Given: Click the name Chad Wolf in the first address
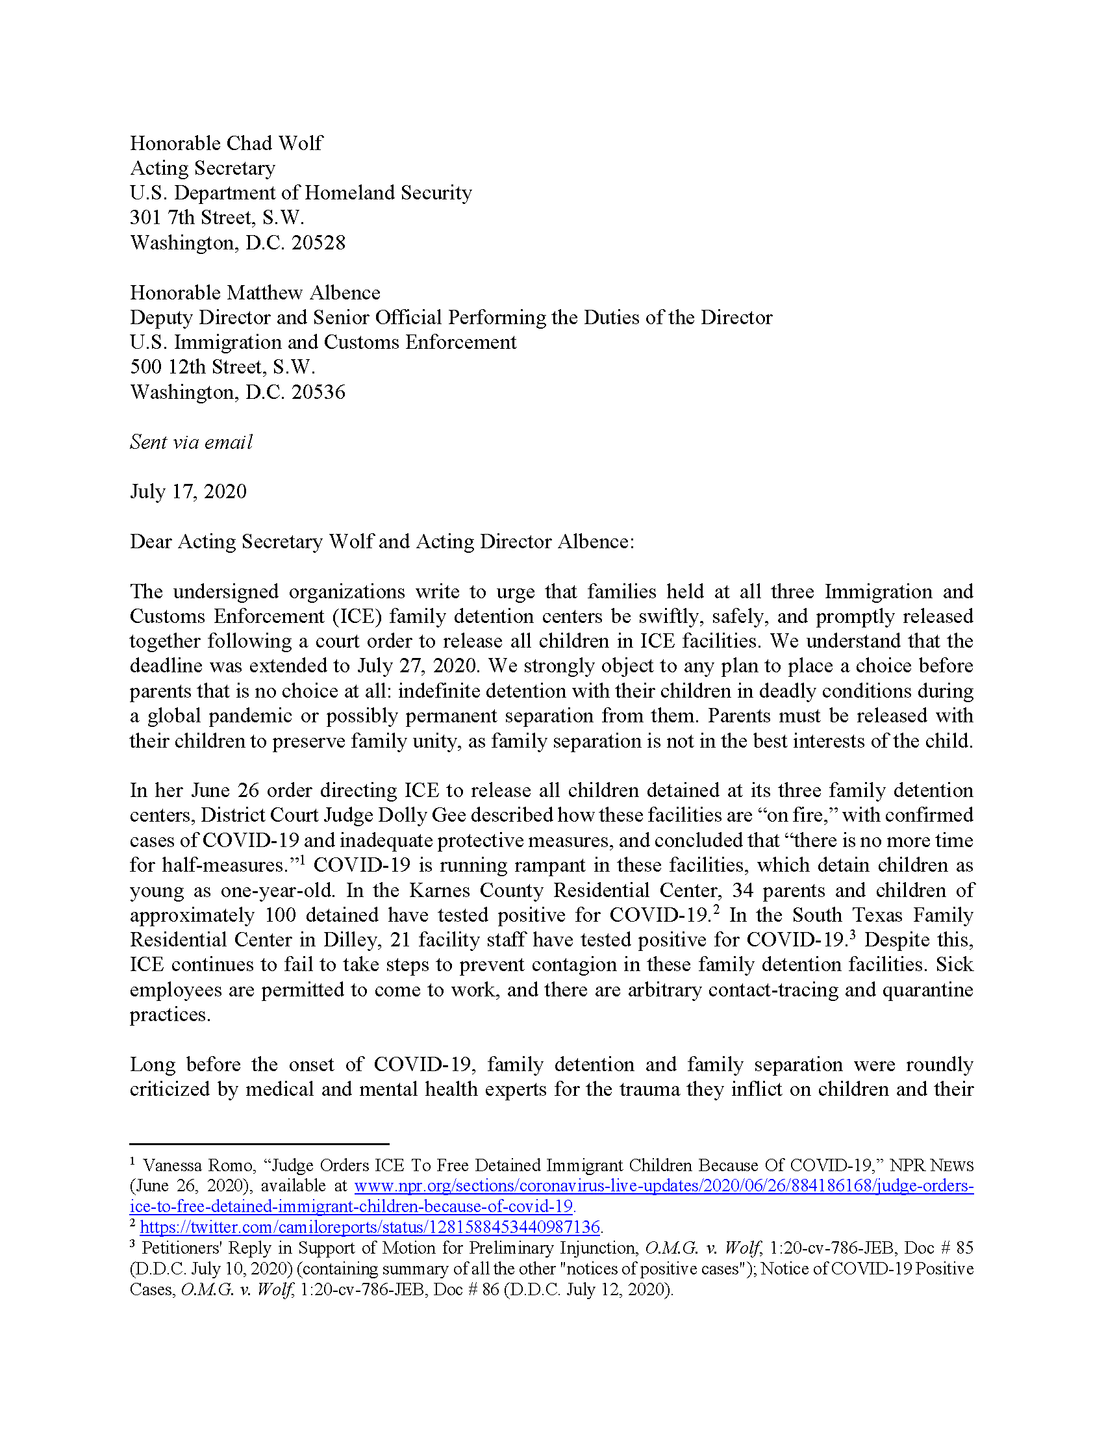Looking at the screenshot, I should pyautogui.click(x=274, y=144).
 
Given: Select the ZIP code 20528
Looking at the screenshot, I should pyautogui.click(x=318, y=243).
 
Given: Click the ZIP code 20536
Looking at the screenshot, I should pyautogui.click(x=318, y=392).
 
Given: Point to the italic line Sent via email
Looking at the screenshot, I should pyautogui.click(x=191, y=442).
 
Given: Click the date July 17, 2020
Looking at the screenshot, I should pyautogui.click(x=188, y=492).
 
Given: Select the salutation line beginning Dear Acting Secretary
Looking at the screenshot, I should pyautogui.click(x=382, y=542).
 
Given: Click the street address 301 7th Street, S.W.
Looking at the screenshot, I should pyautogui.click(x=217, y=218).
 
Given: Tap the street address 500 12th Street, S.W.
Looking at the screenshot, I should pyautogui.click(x=222, y=367).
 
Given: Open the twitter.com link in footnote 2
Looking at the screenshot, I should pyautogui.click(x=370, y=1227).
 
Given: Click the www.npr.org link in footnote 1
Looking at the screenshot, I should pyautogui.click(x=663, y=1186).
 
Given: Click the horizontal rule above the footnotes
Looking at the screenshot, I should pyautogui.click(x=259, y=1144).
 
